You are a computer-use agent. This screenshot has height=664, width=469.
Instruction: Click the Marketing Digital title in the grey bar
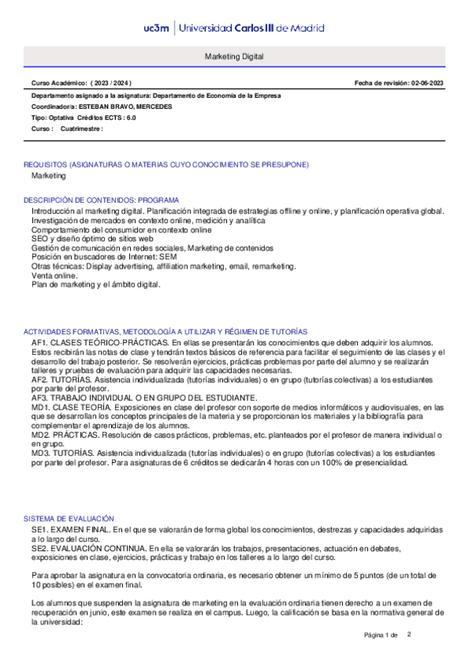[234, 58]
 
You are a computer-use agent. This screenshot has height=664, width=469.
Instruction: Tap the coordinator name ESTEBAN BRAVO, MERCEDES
[122, 106]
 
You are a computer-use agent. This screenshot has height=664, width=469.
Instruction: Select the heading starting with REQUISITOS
[166, 164]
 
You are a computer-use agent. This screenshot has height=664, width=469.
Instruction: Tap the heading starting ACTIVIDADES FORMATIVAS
[165, 332]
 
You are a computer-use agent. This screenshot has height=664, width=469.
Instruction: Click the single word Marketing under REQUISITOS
[49, 176]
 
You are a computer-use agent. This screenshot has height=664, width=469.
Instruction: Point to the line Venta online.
[54, 276]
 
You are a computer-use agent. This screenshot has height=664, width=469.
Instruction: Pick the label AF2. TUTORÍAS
[60, 380]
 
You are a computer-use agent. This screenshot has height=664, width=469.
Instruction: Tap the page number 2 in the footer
[409, 634]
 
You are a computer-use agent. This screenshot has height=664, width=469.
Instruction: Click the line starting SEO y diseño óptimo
[86, 239]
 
